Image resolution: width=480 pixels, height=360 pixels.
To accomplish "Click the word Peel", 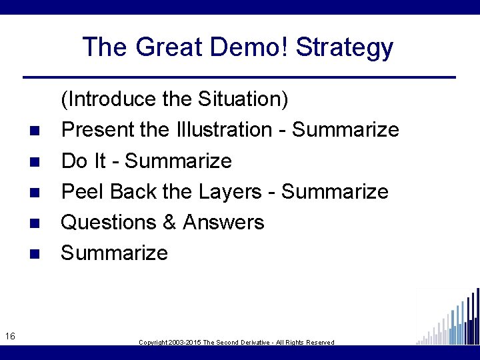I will pos(83,192).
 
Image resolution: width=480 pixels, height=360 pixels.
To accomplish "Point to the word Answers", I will pos(223,223).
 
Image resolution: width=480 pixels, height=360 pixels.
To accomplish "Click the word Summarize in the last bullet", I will pos(115,253).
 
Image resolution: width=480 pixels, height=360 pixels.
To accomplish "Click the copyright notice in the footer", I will pos(237,342).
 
